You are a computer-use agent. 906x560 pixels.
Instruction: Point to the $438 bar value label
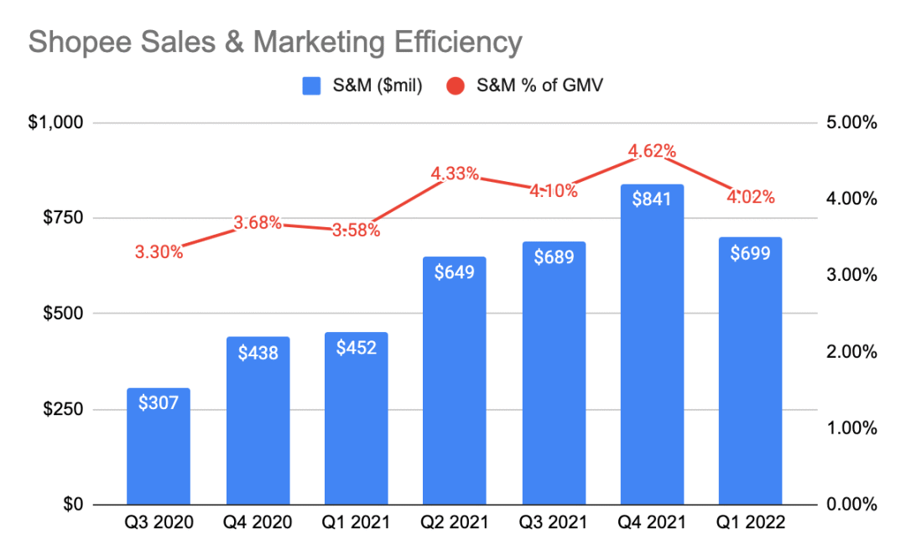[258, 353]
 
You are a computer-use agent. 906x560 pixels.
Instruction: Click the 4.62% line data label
[653, 152]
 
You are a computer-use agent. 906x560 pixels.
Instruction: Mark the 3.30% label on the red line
[159, 251]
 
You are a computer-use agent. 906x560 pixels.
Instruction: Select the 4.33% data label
[455, 174]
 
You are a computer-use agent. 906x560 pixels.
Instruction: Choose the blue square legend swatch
[312, 86]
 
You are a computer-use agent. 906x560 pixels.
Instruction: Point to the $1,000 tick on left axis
[55, 123]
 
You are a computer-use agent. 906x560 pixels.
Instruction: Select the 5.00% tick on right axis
[851, 123]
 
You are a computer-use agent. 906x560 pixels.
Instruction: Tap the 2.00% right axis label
[851, 352]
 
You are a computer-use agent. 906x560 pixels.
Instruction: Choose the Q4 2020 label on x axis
[258, 523]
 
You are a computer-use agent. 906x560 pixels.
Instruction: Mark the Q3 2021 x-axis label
[554, 523]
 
